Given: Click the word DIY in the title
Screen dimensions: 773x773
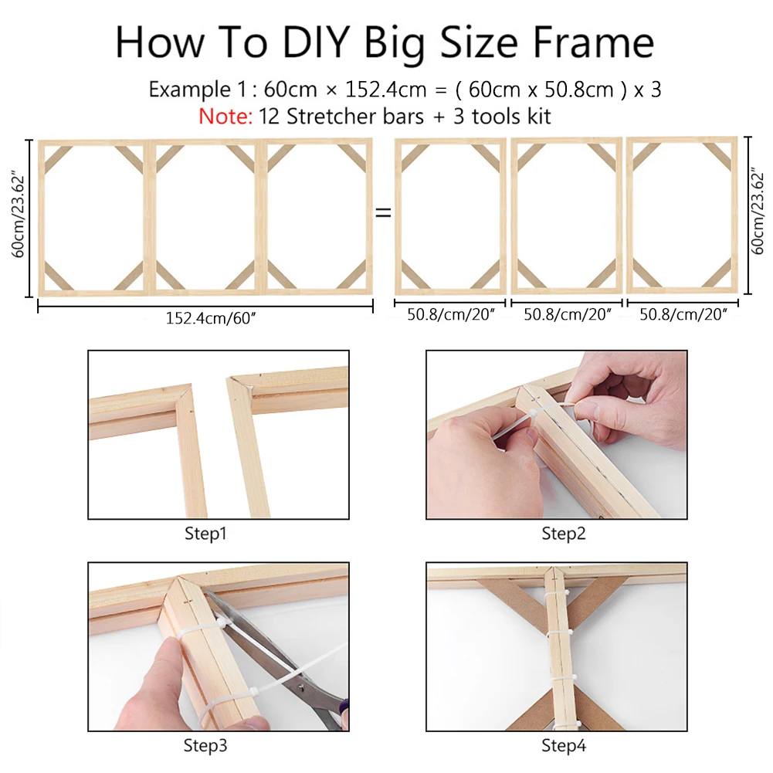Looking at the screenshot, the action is (316, 42).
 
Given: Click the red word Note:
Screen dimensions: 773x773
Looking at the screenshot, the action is (225, 117).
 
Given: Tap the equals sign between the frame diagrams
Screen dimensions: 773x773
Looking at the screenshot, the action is (383, 213).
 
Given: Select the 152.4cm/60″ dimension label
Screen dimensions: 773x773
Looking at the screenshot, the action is (211, 318).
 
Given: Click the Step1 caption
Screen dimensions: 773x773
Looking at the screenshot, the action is (205, 534).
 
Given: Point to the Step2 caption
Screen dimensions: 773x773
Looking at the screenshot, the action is (564, 534).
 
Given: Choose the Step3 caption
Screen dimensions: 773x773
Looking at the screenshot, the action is (205, 745).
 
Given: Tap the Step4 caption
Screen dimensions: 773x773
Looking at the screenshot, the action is (564, 745).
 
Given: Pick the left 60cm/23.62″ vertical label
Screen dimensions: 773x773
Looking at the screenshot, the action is (18, 215).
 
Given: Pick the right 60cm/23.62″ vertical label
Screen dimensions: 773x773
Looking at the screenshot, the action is (757, 211).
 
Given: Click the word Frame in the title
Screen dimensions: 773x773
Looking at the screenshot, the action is (594, 42).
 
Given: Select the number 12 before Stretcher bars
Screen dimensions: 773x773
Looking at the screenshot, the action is (270, 117).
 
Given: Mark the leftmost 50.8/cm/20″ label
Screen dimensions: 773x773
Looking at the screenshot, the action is (450, 314).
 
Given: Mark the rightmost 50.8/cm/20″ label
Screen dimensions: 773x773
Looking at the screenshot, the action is (683, 314).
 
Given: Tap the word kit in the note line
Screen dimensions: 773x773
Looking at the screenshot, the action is (539, 117).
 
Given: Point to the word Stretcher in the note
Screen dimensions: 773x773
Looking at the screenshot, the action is (355, 117).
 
